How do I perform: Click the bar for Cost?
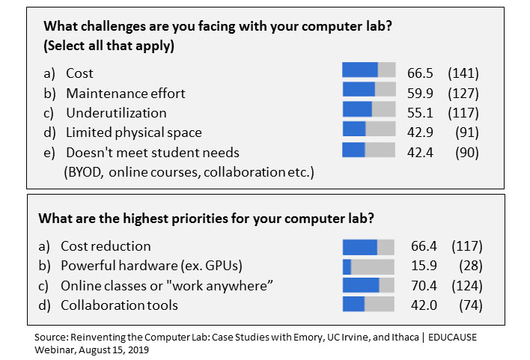(x=368, y=70)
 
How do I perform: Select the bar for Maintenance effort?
(x=368, y=90)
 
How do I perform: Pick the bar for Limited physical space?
(x=368, y=129)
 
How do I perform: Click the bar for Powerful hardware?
(x=368, y=266)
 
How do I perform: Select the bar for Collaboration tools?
(x=368, y=304)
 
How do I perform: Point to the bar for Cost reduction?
(x=368, y=247)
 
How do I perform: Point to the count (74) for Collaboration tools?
(x=470, y=305)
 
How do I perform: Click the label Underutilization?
(x=116, y=113)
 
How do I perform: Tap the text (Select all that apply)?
(x=109, y=46)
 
